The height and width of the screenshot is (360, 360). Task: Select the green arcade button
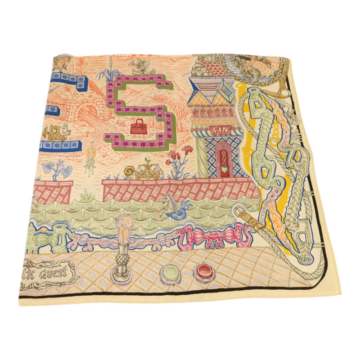(168, 272)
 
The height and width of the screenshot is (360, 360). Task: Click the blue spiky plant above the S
(109, 72)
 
